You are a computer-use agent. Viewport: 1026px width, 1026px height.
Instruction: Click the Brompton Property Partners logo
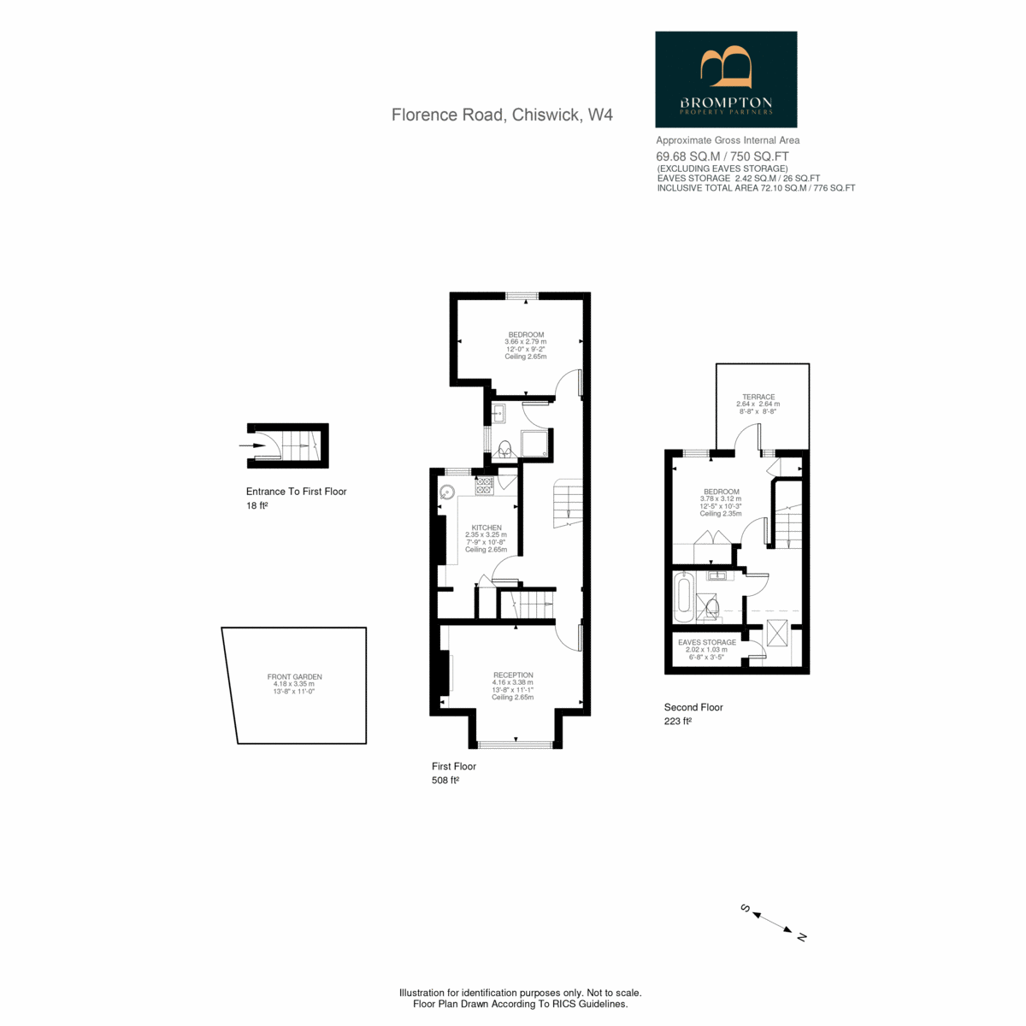[726, 80]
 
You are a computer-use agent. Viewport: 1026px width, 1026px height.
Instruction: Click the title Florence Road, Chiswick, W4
[502, 115]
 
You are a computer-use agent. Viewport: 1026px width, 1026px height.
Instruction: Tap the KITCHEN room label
[486, 528]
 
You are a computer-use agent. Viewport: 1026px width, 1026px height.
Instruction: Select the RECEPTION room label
[513, 675]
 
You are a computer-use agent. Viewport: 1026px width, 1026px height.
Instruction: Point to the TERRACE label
[758, 397]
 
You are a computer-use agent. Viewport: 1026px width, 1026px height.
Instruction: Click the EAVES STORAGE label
[707, 642]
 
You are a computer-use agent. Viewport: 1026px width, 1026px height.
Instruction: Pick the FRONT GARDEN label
[294, 676]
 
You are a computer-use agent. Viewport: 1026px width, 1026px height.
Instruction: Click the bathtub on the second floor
[684, 597]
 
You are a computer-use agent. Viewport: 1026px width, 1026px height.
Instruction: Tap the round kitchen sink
[447, 492]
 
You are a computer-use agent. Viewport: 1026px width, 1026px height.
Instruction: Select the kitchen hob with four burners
[484, 486]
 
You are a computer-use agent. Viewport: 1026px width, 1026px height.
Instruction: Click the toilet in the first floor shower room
[504, 451]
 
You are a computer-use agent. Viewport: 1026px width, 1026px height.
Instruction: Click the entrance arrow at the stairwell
[252, 445]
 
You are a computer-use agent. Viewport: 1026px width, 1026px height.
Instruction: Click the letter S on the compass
[746, 908]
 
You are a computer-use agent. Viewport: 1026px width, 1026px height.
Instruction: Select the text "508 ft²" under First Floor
[445, 781]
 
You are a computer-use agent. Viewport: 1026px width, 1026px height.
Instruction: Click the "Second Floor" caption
[693, 707]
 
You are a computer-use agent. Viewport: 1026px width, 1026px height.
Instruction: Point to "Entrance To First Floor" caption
[296, 492]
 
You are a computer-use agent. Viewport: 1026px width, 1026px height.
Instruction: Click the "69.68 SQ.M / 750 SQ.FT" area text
[722, 156]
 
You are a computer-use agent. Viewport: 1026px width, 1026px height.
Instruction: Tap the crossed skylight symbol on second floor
[777, 634]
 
